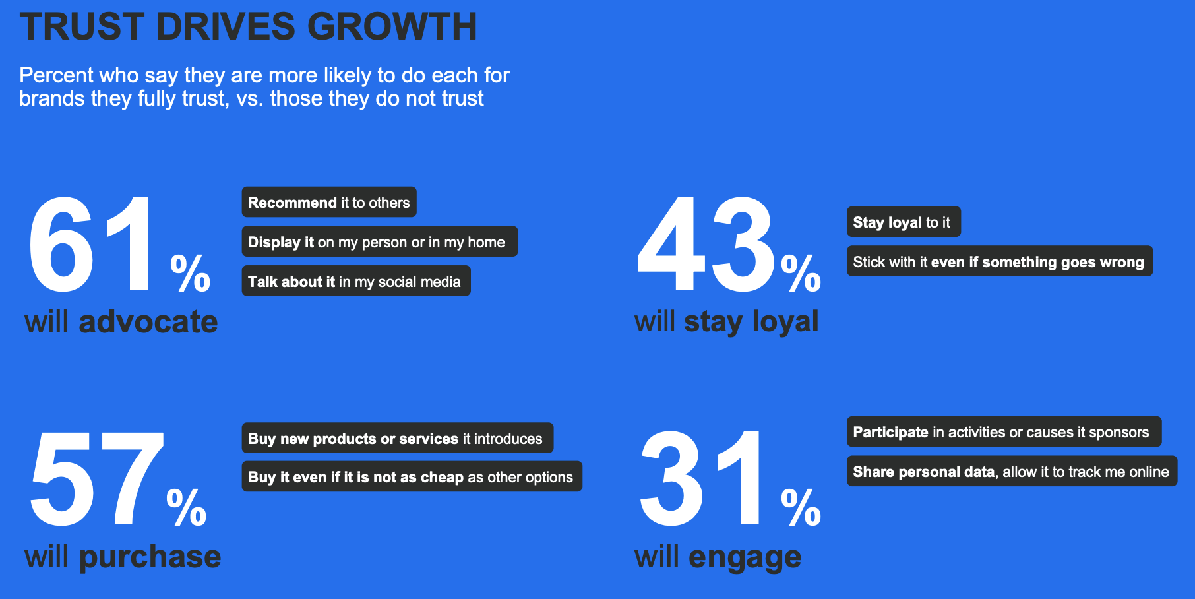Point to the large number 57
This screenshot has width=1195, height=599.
click(x=96, y=480)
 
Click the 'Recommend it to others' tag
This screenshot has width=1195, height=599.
click(x=328, y=203)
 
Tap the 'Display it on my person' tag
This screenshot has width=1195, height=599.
click(x=379, y=242)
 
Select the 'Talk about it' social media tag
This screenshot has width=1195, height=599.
click(x=355, y=282)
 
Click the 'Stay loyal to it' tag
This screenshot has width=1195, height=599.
click(x=903, y=222)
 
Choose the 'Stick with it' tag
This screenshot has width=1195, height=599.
click(x=999, y=262)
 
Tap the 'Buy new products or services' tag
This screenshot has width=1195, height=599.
click(x=397, y=439)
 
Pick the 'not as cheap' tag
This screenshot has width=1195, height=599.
click(x=412, y=477)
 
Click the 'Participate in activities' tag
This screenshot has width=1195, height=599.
click(x=1003, y=432)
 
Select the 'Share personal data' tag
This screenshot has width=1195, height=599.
click(x=1011, y=472)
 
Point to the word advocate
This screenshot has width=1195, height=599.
click(x=148, y=323)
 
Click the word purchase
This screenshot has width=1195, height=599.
click(x=150, y=557)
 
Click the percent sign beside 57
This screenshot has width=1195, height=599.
click(x=187, y=507)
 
